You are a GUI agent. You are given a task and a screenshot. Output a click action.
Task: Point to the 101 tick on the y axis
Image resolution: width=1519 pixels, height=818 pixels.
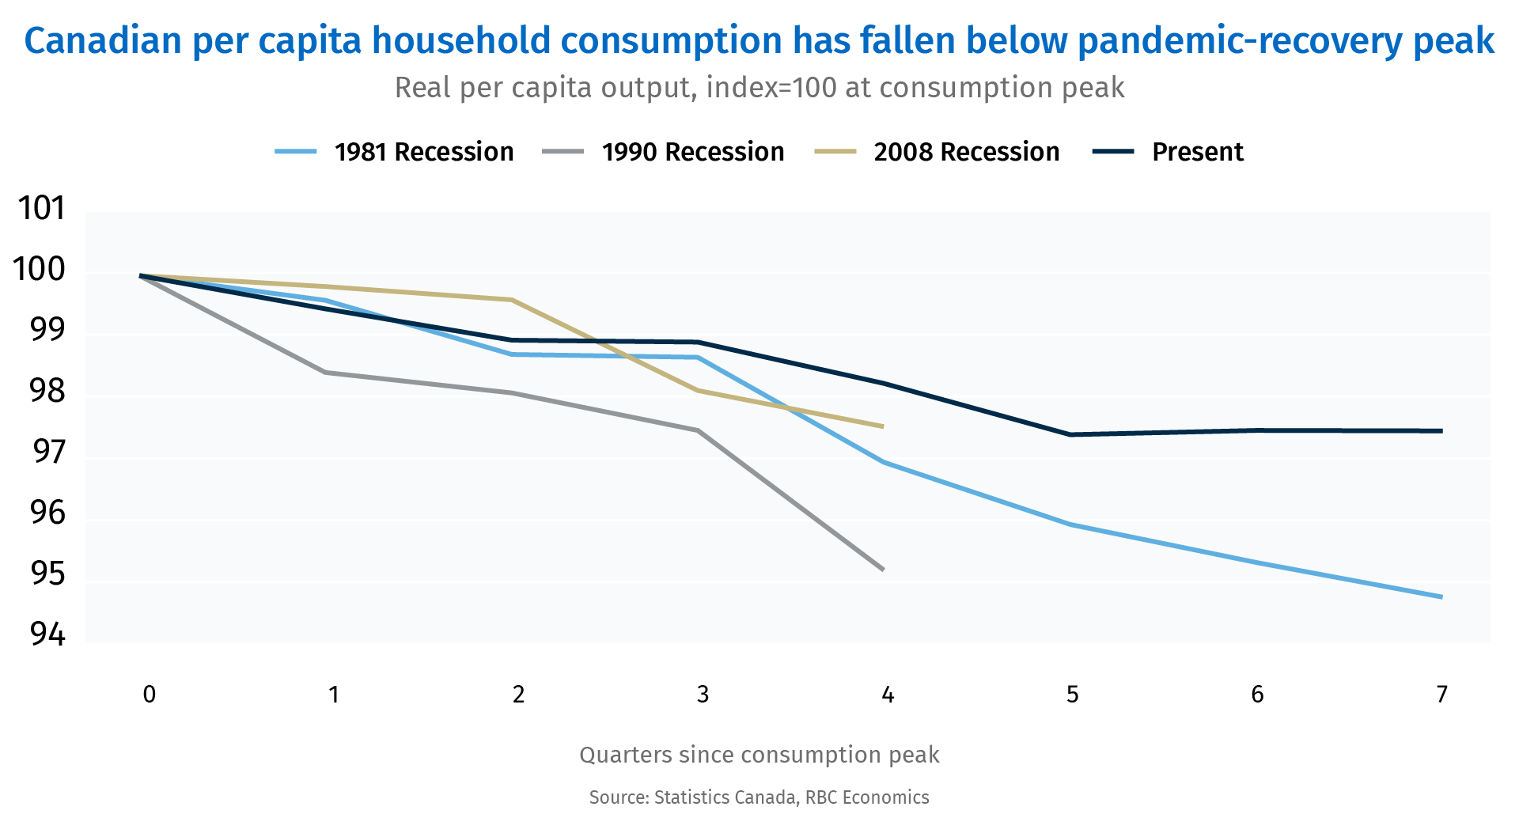[x=41, y=209]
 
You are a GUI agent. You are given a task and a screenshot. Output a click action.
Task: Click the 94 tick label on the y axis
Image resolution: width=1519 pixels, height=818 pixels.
[x=47, y=634]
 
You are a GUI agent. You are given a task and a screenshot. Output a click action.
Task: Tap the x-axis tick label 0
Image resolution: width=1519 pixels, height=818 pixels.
[x=149, y=695]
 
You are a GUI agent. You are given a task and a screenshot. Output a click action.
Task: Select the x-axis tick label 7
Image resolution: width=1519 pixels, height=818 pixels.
[x=1441, y=695]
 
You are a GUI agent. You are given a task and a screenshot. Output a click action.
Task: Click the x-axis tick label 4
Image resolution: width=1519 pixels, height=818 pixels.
[x=888, y=695]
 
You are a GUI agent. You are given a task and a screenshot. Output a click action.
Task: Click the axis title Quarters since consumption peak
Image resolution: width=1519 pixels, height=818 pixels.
[x=759, y=755]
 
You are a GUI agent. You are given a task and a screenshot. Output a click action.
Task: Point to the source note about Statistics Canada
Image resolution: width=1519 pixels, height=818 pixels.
[x=759, y=797]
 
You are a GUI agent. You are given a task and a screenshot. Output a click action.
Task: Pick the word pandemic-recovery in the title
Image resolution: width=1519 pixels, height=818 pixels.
[x=1241, y=41]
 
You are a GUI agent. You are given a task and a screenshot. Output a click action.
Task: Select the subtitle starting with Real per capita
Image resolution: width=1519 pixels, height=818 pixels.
[x=759, y=88]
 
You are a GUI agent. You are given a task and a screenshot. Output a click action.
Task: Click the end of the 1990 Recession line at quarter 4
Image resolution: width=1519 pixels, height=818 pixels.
[x=883, y=570]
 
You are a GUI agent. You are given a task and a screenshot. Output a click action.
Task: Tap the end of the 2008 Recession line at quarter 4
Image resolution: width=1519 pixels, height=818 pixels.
[x=883, y=426]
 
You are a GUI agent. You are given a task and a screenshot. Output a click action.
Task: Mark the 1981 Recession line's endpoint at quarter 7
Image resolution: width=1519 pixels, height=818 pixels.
[x=1442, y=597]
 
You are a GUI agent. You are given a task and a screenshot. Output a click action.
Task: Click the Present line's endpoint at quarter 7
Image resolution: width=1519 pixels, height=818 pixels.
[x=1442, y=431]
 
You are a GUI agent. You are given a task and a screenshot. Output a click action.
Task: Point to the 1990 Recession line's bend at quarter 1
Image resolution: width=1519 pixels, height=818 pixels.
[x=326, y=372]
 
